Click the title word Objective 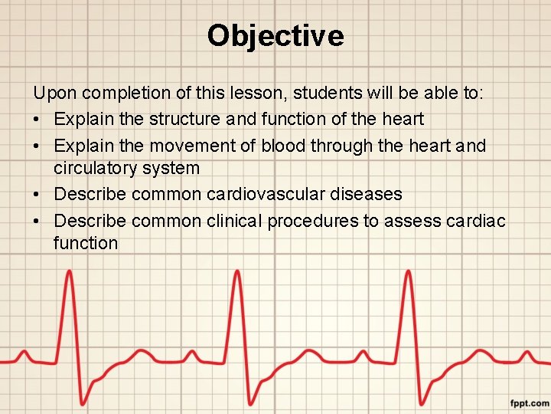tap(275, 35)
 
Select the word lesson tap(250, 94)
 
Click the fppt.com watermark tap(530, 402)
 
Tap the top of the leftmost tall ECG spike tap(70, 272)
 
